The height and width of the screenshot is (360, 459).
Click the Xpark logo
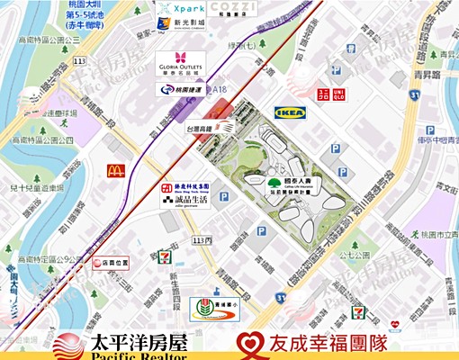[180, 10]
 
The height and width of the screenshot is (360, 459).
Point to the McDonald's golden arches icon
[114, 170]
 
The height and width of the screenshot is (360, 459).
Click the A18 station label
[218, 90]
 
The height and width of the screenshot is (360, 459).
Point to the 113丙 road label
[202, 241]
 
